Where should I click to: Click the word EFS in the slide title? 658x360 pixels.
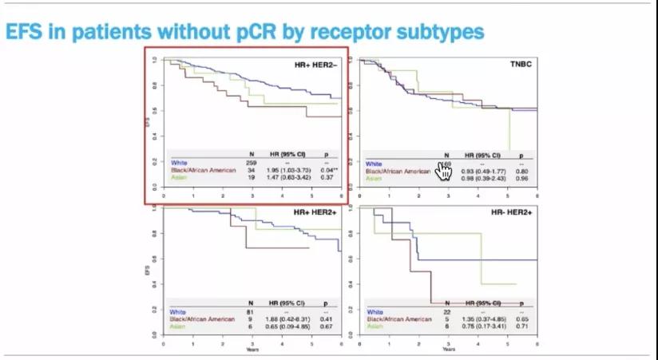click(x=25, y=31)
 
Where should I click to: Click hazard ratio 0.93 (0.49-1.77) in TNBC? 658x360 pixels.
click(x=481, y=171)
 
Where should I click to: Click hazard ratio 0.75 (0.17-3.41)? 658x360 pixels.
click(x=482, y=326)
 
